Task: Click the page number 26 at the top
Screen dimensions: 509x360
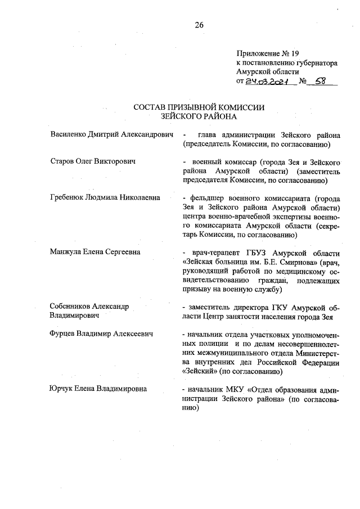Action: point(199,25)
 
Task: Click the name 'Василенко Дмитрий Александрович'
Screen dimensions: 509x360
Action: point(110,135)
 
